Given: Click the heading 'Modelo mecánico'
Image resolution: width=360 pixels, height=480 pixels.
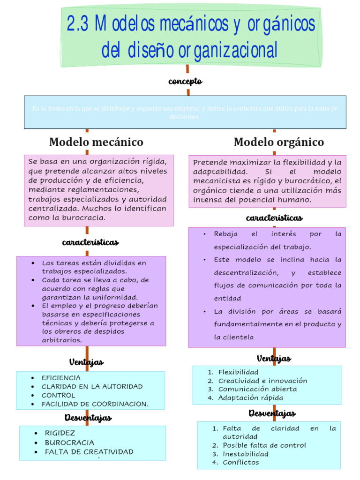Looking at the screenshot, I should click(x=96, y=142).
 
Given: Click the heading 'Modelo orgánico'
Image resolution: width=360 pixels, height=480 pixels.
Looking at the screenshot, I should click(x=278, y=142).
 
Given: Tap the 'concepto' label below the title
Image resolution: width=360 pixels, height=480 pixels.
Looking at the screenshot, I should click(x=185, y=82).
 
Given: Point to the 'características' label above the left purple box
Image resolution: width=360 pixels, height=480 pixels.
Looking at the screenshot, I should click(x=90, y=242).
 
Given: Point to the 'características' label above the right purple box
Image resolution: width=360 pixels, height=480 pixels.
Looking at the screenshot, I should click(x=274, y=218).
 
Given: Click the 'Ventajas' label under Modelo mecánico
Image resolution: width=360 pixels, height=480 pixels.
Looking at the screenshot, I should click(x=86, y=362).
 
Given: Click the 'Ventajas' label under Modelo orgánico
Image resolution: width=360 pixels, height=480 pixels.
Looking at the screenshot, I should click(x=274, y=359).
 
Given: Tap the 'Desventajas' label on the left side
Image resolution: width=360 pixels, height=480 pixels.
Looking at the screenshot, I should click(x=88, y=418).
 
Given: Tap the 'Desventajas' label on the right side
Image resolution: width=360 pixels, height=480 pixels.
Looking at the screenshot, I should click(x=272, y=413).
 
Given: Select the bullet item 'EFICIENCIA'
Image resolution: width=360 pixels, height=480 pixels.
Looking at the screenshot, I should click(x=61, y=378).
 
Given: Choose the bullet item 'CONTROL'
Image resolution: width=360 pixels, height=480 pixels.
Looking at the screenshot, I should click(x=58, y=395).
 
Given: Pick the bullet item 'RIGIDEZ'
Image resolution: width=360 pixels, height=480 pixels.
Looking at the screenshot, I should click(x=60, y=433).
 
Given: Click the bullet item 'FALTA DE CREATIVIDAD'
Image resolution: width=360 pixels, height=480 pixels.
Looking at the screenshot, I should click(x=89, y=452).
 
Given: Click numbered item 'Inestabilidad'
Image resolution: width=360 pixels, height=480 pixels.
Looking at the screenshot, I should click(x=246, y=454).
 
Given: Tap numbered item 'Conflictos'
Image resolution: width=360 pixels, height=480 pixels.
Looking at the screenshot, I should click(x=240, y=462).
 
